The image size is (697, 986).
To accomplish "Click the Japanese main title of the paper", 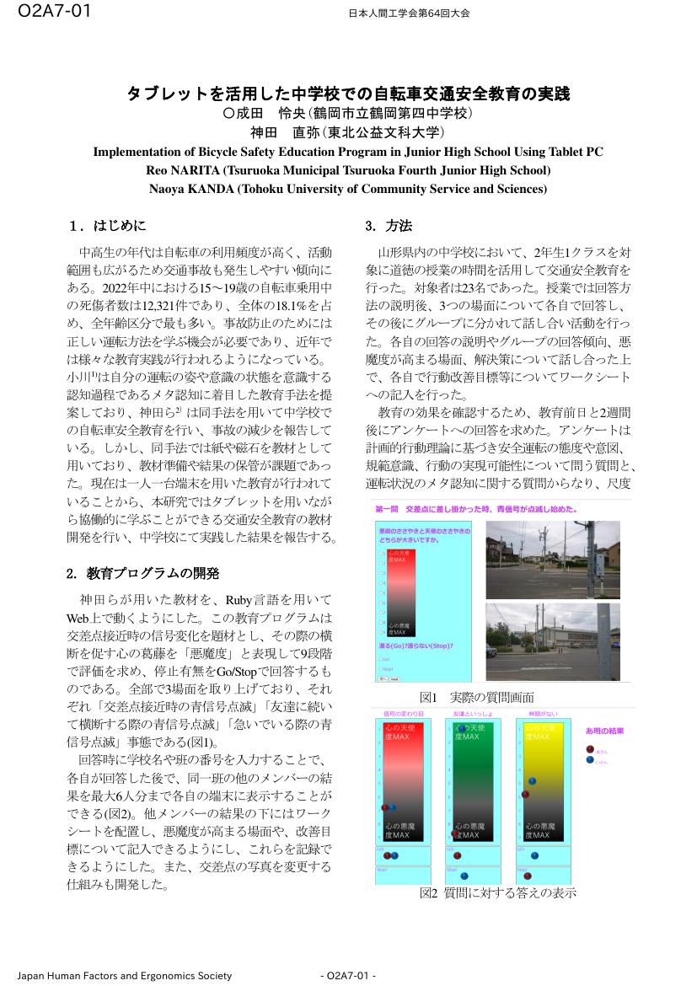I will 348,93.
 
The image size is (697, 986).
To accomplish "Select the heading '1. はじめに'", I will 109,226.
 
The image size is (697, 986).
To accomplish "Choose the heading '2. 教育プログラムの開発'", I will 142,573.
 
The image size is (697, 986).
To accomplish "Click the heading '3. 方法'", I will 389,226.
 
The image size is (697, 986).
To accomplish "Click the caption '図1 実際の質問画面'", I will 476,697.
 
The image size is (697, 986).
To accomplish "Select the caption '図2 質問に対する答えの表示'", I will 497,893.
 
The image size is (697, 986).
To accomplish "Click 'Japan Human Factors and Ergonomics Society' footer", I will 124,976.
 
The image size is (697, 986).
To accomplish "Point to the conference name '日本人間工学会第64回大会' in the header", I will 409,13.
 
